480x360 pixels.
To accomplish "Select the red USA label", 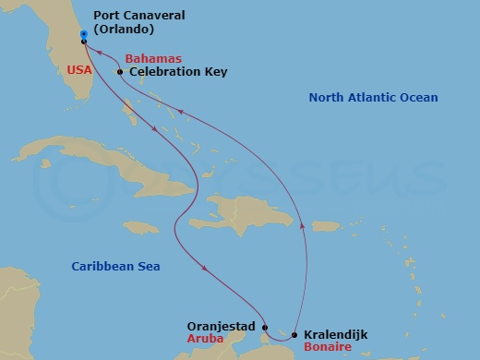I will [78, 68].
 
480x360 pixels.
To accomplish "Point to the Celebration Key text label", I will [178, 71].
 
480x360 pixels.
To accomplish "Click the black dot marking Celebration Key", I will [120, 71].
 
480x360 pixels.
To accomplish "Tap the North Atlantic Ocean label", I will [373, 97].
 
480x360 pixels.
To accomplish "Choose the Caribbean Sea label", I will [116, 267].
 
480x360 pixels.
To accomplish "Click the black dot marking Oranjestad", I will [264, 328].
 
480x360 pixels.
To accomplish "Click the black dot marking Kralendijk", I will [294, 336].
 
